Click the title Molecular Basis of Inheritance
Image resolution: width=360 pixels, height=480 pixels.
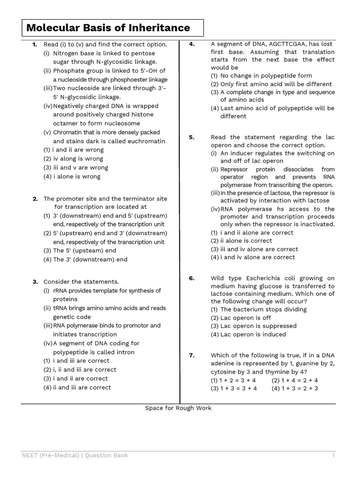(x=108, y=28)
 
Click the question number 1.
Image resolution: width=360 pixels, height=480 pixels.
(x=35, y=45)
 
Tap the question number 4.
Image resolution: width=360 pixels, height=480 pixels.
(x=192, y=44)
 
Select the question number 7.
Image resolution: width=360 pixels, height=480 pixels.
(x=192, y=355)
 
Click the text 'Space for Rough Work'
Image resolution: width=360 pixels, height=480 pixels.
(x=178, y=408)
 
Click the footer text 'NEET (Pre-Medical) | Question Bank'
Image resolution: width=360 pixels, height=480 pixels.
(x=75, y=455)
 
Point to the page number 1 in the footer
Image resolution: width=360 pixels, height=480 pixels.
(x=334, y=455)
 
